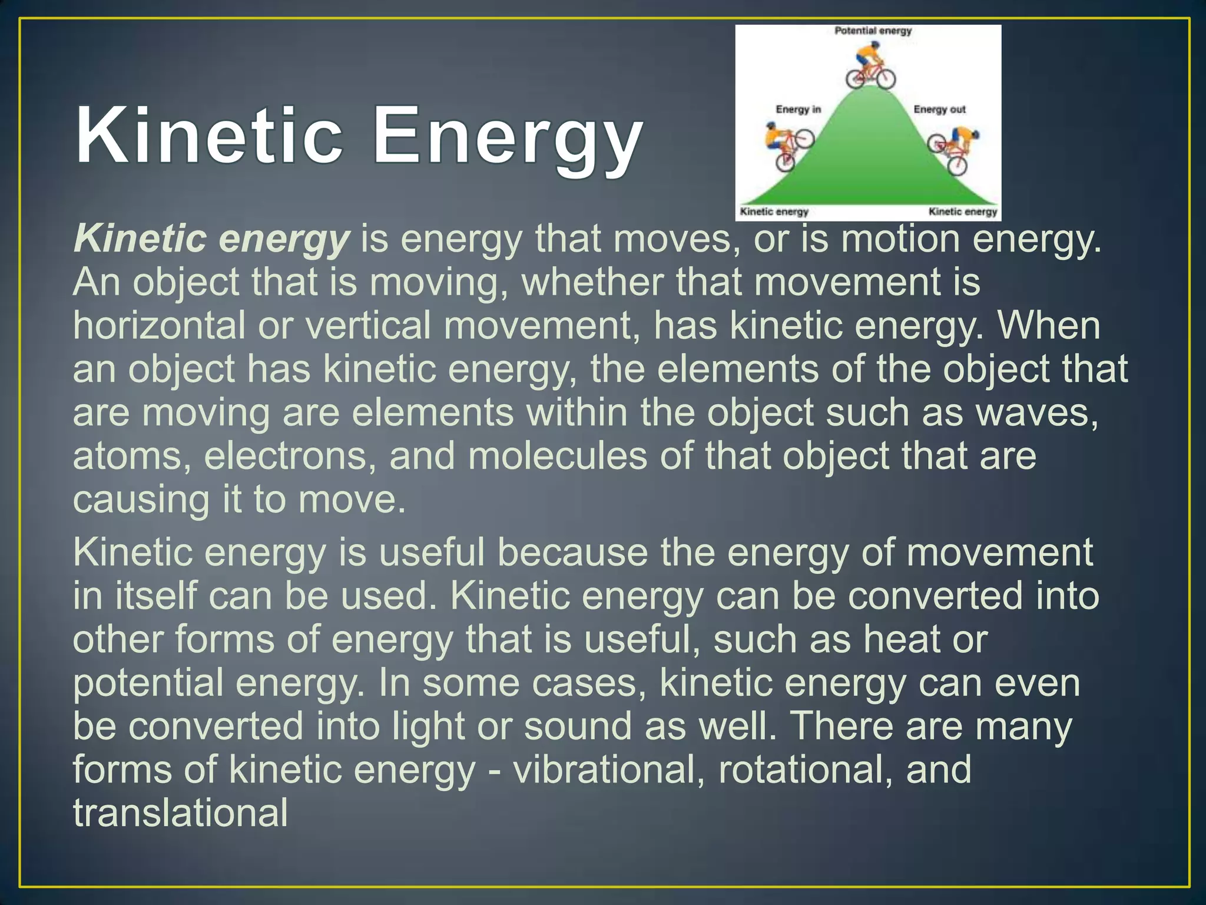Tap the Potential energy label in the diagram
pos(873,31)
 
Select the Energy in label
pos(798,110)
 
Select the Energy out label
pos(939,110)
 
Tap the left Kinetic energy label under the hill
pos(774,212)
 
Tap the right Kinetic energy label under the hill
pos(963,212)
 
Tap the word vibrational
pos(609,770)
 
